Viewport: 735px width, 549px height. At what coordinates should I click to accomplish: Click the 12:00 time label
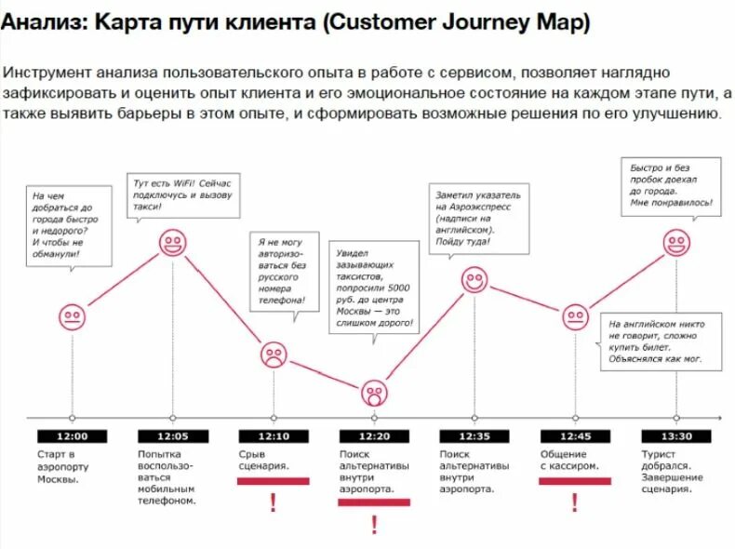click(x=73, y=436)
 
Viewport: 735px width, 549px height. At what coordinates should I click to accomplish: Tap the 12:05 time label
click(x=172, y=436)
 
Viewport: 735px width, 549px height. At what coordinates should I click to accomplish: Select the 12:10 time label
click(x=273, y=436)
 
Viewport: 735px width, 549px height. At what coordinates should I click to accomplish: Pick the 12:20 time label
click(x=373, y=436)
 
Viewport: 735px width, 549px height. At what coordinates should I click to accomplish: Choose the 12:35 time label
click(x=474, y=436)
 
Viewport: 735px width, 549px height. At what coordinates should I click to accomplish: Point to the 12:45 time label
click(x=575, y=436)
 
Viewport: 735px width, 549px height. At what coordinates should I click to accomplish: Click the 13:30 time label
click(x=676, y=436)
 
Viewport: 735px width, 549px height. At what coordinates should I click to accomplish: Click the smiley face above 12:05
click(x=172, y=244)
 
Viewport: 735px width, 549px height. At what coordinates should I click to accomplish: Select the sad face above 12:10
click(x=273, y=355)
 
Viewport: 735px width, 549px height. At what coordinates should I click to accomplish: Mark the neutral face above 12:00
click(x=73, y=317)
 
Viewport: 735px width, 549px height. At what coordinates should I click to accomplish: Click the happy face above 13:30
click(x=676, y=243)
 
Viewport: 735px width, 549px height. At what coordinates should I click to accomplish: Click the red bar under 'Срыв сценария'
click(x=273, y=481)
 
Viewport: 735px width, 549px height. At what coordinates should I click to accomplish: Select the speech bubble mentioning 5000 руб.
click(x=376, y=288)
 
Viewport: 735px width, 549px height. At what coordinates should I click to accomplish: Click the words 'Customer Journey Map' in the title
click(x=456, y=23)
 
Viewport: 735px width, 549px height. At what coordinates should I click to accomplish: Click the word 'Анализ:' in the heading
click(x=43, y=23)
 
